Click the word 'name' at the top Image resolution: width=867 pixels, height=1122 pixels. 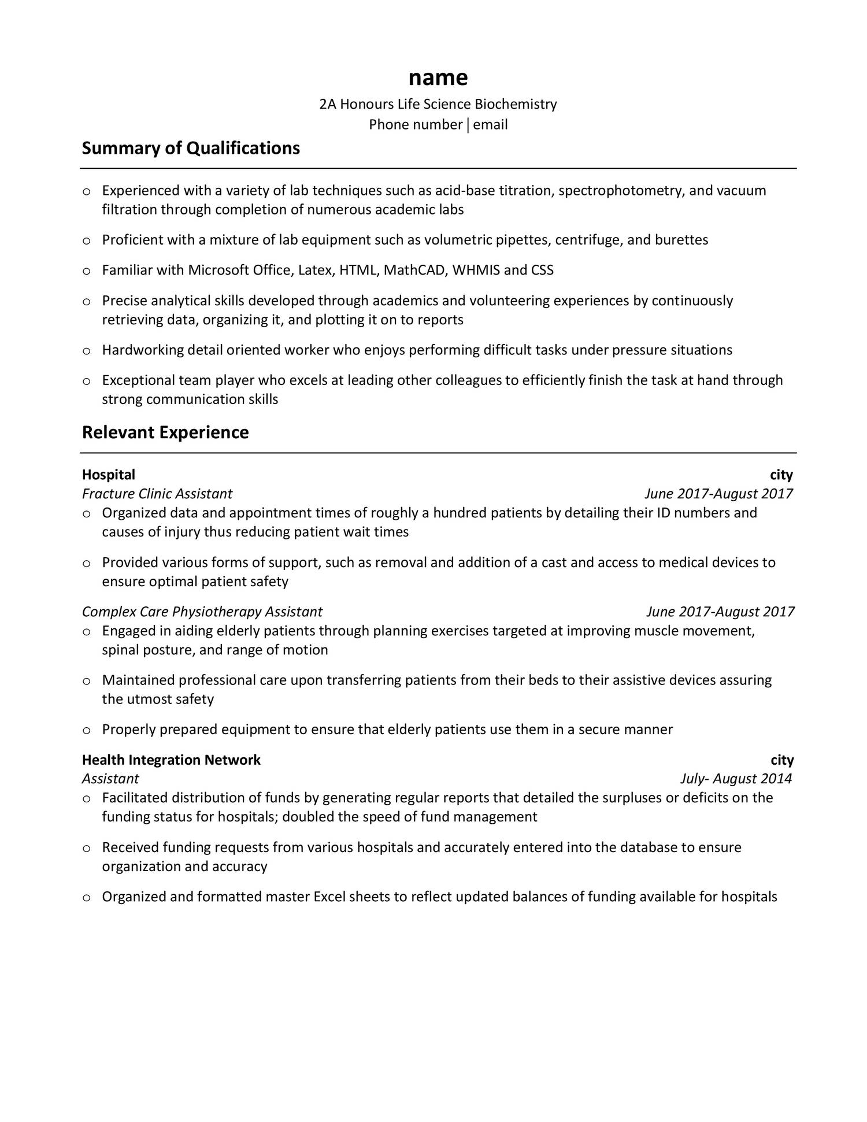[x=438, y=77]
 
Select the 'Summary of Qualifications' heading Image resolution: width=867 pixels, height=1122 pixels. [x=191, y=149]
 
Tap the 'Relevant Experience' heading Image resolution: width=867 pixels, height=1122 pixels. [x=165, y=432]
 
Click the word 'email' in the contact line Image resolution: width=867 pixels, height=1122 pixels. [x=490, y=124]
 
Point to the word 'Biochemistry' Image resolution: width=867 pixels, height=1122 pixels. [x=516, y=104]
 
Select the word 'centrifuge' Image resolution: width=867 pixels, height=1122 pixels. [x=587, y=240]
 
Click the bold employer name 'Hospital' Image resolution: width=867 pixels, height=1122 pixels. [x=109, y=475]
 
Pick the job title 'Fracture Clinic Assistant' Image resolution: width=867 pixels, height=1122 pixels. [x=157, y=494]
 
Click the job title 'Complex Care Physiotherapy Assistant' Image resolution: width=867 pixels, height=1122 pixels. [x=202, y=612]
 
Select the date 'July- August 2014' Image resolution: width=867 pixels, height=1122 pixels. [x=736, y=779]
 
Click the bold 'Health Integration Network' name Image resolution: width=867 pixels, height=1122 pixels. [x=171, y=760]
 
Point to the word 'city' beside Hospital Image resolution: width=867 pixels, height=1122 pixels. [x=781, y=475]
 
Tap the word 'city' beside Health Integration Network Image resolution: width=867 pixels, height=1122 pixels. [x=782, y=760]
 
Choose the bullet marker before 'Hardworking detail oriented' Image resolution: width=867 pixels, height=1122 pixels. [x=87, y=351]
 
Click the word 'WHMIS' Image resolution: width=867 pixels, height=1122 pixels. [x=476, y=270]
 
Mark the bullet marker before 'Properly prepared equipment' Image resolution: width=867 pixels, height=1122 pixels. [x=87, y=730]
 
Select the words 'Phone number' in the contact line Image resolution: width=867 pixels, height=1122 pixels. [x=416, y=124]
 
